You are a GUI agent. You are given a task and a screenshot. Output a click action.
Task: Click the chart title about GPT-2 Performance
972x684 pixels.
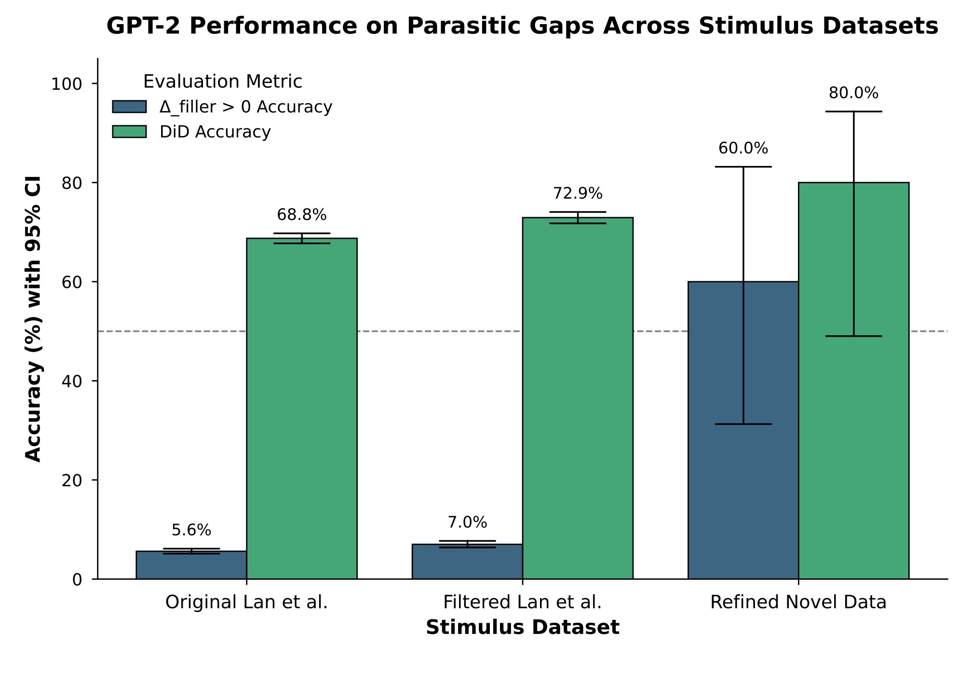tap(522, 26)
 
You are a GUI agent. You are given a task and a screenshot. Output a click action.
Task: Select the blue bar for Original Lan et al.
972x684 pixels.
tap(191, 565)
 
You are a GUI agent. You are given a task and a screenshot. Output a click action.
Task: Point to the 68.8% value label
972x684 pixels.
tap(302, 215)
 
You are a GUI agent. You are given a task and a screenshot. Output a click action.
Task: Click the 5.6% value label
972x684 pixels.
tap(191, 531)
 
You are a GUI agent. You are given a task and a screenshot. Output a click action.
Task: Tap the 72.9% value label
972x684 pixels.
tap(578, 194)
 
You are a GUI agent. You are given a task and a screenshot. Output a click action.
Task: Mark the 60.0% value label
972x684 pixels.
tap(743, 149)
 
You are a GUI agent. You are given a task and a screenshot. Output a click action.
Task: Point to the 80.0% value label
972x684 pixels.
tap(853, 93)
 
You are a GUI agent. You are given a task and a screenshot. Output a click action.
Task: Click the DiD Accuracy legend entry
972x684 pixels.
tap(215, 132)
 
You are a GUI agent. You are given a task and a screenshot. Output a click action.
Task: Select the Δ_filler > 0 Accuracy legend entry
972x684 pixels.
tap(246, 107)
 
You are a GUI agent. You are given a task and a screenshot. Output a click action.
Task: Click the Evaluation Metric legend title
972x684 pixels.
tap(223, 82)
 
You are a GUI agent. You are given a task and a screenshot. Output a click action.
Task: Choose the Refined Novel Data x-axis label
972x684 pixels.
tap(798, 602)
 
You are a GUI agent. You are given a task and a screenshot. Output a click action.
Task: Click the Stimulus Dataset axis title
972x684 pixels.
tap(522, 628)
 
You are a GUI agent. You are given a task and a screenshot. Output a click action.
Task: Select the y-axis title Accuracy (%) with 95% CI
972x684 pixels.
tap(34, 318)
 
